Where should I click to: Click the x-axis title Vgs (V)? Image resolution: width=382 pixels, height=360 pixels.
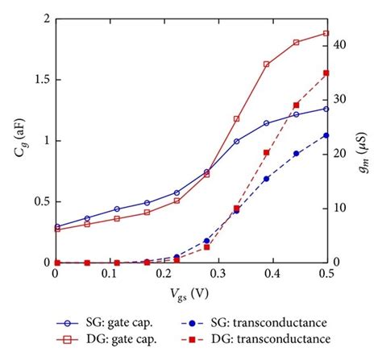coord(191,296)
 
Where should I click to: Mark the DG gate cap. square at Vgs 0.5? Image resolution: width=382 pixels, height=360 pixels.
coord(326,33)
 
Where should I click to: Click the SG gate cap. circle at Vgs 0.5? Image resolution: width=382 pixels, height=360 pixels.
coord(326,108)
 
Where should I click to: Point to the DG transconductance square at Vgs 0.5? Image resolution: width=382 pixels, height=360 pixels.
coord(326,72)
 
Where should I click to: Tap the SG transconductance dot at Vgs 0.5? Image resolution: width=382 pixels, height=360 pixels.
coord(326,134)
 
